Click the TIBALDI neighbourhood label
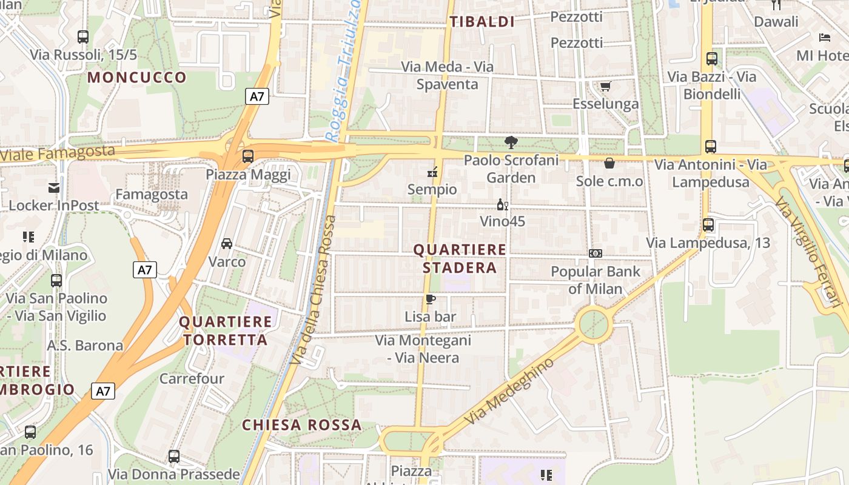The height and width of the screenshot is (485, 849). (482, 22)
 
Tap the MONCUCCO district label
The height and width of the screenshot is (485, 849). (137, 77)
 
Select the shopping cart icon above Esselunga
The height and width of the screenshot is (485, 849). (605, 86)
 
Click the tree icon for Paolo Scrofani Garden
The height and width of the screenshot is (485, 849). (511, 143)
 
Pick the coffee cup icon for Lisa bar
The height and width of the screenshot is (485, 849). (430, 299)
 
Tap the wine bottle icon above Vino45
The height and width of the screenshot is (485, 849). (502, 205)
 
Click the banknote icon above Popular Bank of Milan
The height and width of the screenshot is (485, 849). (596, 253)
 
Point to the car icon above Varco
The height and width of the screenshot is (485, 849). (227, 244)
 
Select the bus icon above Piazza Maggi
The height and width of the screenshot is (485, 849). (247, 156)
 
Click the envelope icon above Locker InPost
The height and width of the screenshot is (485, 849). (54, 188)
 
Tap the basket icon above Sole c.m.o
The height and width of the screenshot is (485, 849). (609, 163)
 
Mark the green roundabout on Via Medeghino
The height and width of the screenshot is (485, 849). (594, 325)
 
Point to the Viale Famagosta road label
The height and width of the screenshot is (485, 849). (57, 152)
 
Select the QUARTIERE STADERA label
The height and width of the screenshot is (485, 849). (460, 259)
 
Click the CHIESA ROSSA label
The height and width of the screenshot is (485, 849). (301, 425)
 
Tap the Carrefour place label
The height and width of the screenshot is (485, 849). (192, 379)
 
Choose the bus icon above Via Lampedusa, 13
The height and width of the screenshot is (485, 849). (708, 225)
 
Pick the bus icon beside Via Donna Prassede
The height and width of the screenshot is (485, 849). (174, 457)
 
